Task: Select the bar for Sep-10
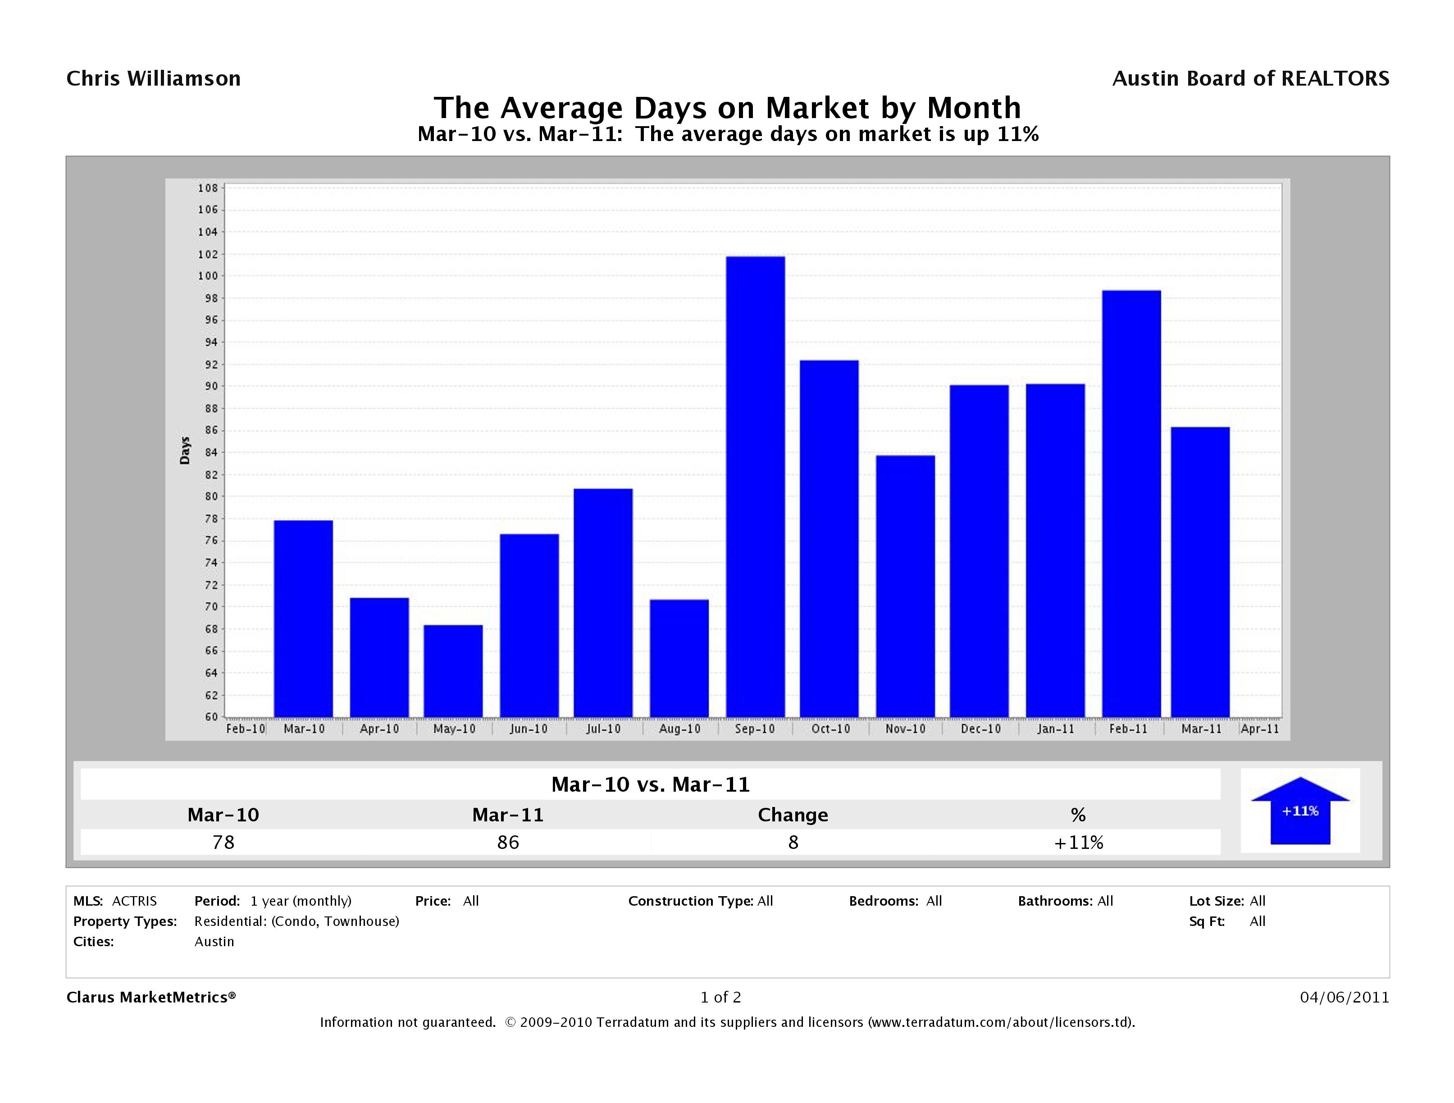(x=755, y=487)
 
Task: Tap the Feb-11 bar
(x=1131, y=504)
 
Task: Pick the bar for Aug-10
(x=679, y=658)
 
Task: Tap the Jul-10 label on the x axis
(x=603, y=729)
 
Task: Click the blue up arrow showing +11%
(x=1299, y=811)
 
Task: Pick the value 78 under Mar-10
(x=223, y=842)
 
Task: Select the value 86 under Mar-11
(x=508, y=842)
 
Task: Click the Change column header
(x=793, y=815)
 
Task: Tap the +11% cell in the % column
(x=1078, y=842)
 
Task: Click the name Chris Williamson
(x=154, y=79)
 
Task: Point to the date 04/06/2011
(x=1344, y=997)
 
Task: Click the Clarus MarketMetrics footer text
(x=151, y=997)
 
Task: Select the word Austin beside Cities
(x=214, y=941)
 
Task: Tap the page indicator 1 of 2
(x=720, y=997)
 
